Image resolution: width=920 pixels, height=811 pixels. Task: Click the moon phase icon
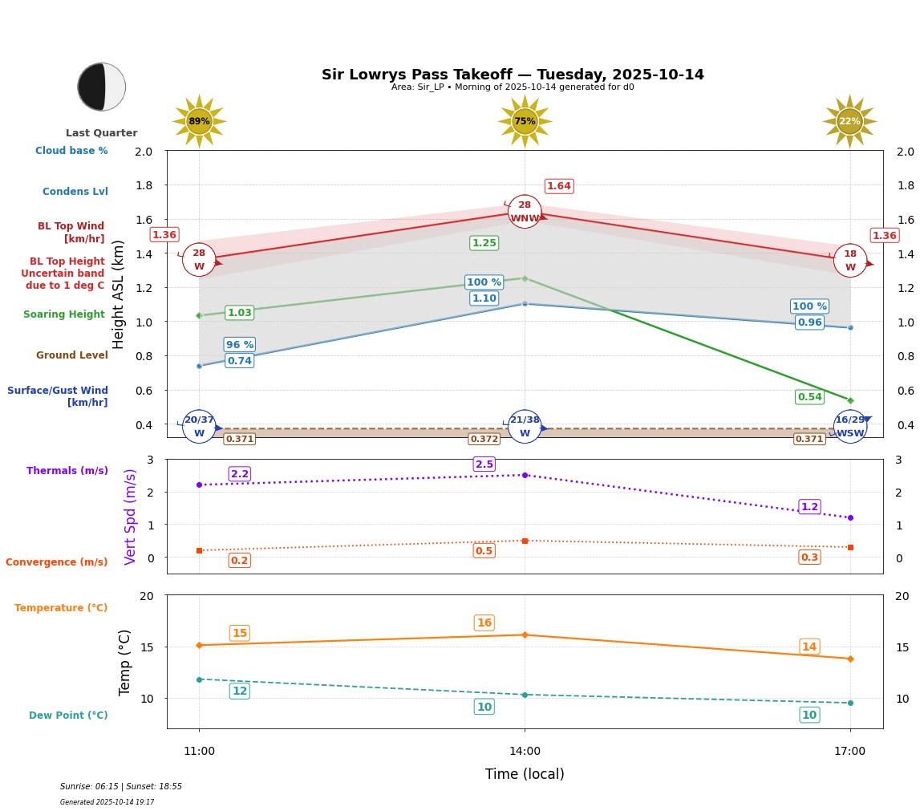(x=102, y=87)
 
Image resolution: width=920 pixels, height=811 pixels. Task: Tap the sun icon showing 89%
(x=199, y=121)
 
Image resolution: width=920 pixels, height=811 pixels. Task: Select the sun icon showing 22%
(x=849, y=121)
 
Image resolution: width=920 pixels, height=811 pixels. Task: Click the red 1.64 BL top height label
(x=559, y=186)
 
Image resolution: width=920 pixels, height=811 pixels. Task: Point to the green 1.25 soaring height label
(x=484, y=243)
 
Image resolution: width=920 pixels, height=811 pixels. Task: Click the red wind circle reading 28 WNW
(x=525, y=212)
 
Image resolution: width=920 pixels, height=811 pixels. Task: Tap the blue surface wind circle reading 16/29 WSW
(x=850, y=427)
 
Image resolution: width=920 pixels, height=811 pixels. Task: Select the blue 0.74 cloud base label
(x=239, y=361)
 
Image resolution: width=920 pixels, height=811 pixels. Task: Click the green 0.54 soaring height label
(x=809, y=397)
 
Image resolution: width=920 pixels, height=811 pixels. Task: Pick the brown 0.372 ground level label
(x=484, y=439)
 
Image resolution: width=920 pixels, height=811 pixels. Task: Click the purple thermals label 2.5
(x=484, y=464)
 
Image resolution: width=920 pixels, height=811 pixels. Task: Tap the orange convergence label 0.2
(x=239, y=561)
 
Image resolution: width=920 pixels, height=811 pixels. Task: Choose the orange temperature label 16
(x=484, y=623)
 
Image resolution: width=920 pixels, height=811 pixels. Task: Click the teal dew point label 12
(x=239, y=691)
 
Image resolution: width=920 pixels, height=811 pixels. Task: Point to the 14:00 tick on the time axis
(x=525, y=752)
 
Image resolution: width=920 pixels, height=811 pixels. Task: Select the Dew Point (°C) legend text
(x=68, y=716)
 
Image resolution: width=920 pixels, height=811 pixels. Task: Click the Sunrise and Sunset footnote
(x=121, y=787)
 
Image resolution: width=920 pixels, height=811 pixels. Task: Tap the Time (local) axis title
(x=525, y=774)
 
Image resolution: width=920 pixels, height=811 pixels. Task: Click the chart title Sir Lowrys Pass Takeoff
(x=513, y=75)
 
